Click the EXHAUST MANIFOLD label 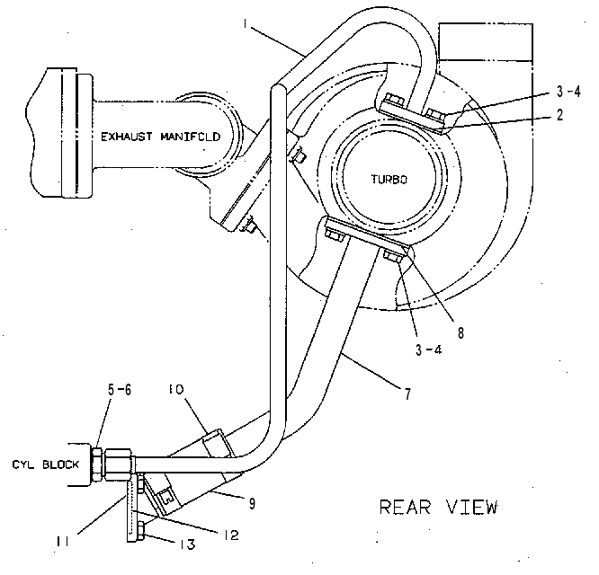tap(160, 137)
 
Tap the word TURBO tap(389, 180)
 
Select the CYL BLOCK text tap(46, 464)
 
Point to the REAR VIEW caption tap(439, 507)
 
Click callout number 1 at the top tap(245, 23)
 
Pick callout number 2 tap(559, 114)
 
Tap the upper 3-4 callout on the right tap(568, 92)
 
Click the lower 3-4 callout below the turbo tap(428, 349)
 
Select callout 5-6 tap(120, 390)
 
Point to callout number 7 tap(408, 394)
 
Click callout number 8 tap(460, 332)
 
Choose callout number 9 tap(252, 503)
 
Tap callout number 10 tap(176, 389)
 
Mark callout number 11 tap(62, 542)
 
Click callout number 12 tap(231, 535)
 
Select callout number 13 tap(188, 544)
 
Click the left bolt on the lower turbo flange tap(335, 234)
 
